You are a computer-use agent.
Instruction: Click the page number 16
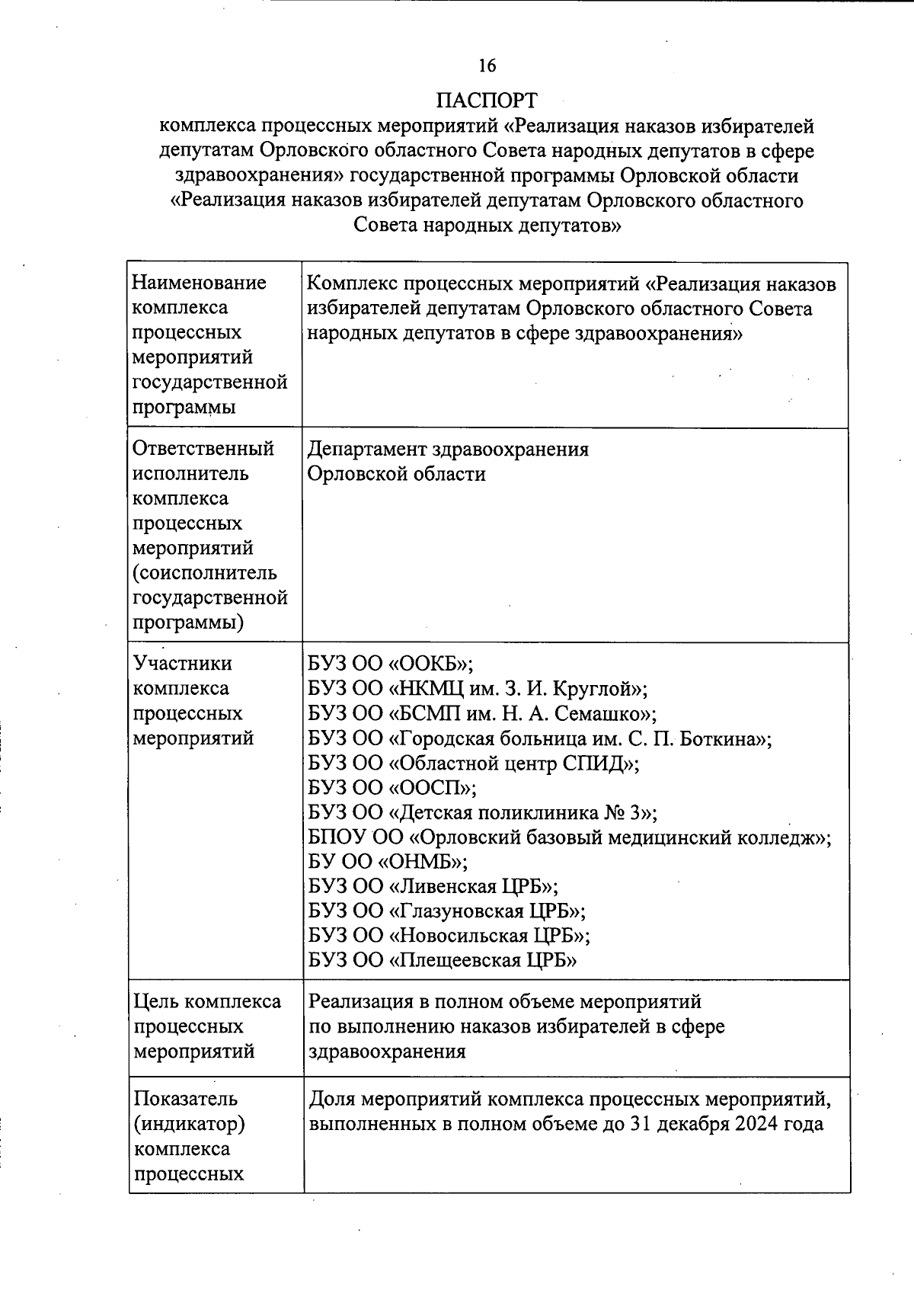click(x=487, y=66)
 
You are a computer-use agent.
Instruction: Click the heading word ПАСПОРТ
click(x=487, y=101)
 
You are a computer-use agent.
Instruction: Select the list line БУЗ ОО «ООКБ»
click(x=391, y=664)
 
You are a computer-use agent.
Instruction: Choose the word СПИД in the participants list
click(x=595, y=764)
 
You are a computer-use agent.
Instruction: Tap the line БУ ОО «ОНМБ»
click(x=388, y=862)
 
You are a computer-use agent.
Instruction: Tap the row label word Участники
click(x=183, y=664)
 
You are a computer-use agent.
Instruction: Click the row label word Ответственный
click(x=203, y=448)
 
